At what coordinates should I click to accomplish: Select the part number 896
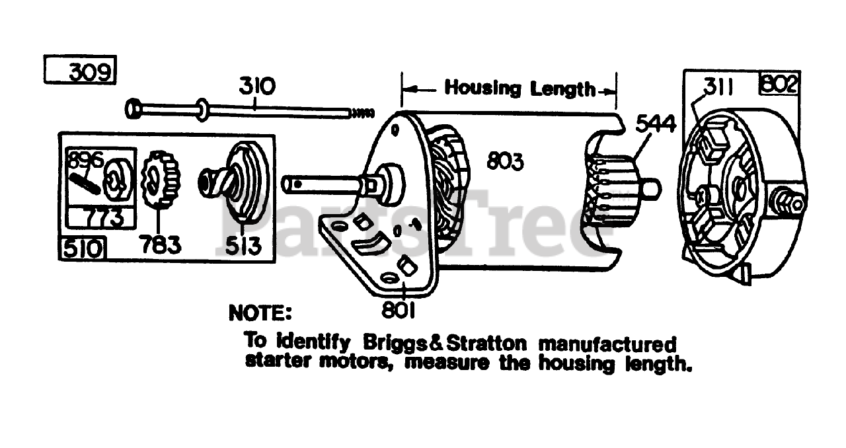tap(83, 159)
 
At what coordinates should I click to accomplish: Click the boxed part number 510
tap(83, 248)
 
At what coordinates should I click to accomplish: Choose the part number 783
tap(161, 245)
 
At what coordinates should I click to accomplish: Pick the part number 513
tap(241, 245)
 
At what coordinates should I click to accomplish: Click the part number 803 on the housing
tap(505, 161)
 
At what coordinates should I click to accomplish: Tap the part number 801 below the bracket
tap(398, 309)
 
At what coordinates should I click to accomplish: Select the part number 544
tap(654, 123)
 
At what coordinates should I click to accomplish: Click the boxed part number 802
tap(780, 85)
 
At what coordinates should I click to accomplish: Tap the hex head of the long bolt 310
tap(133, 108)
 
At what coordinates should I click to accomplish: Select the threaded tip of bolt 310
tap(362, 113)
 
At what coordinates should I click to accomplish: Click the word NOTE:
tap(259, 313)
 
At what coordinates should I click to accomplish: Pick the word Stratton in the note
tap(486, 343)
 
